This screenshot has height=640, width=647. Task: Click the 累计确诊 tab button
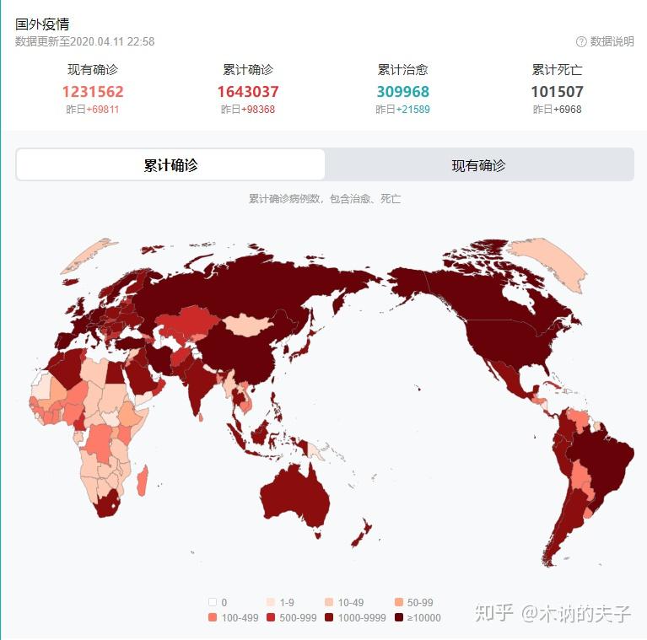pyautogui.click(x=170, y=165)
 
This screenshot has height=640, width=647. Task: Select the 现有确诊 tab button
pyautogui.click(x=478, y=165)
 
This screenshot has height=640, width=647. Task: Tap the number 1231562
pyautogui.click(x=93, y=92)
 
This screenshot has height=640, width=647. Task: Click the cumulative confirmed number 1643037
pyautogui.click(x=248, y=92)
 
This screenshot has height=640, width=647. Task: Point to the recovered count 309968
pyautogui.click(x=403, y=92)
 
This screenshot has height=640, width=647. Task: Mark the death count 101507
pyautogui.click(x=557, y=92)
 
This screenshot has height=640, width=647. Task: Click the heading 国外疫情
pyautogui.click(x=42, y=24)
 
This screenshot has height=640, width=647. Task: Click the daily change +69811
pyautogui.click(x=102, y=110)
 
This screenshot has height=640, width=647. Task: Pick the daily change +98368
pyautogui.click(x=257, y=110)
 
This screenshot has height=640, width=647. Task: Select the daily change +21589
pyautogui.click(x=412, y=110)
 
